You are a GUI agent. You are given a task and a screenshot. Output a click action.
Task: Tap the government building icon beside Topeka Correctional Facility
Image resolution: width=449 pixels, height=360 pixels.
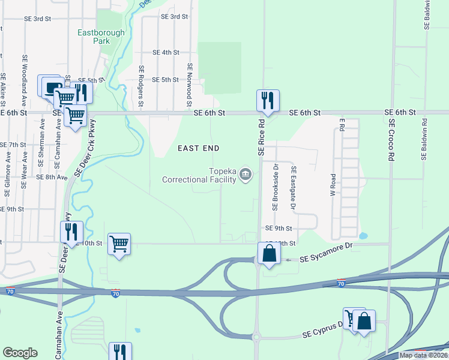click(x=245, y=175)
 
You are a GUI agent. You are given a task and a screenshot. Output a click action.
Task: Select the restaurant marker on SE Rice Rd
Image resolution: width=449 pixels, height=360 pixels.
click(x=267, y=100)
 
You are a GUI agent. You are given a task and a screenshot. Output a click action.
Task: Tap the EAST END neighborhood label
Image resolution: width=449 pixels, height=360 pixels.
click(x=197, y=148)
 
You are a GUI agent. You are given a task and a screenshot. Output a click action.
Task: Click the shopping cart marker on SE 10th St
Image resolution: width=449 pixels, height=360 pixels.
click(x=119, y=244)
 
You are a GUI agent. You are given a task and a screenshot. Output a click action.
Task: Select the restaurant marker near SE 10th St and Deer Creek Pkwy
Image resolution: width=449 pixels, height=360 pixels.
click(x=71, y=232)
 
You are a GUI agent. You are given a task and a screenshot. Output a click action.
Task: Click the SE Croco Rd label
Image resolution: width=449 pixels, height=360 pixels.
click(x=391, y=139)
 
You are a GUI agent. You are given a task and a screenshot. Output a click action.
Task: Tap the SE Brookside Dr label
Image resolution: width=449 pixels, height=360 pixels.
click(x=275, y=187)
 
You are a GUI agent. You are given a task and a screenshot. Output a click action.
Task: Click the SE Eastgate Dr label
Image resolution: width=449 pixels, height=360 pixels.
click(x=294, y=188)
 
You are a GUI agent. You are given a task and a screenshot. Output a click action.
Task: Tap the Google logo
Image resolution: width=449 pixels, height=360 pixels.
click(x=20, y=353)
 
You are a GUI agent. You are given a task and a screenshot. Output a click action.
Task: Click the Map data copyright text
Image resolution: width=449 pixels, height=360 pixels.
click(x=423, y=355)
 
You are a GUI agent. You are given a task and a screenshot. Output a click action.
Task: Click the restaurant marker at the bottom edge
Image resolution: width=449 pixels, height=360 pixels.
click(x=119, y=352)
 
